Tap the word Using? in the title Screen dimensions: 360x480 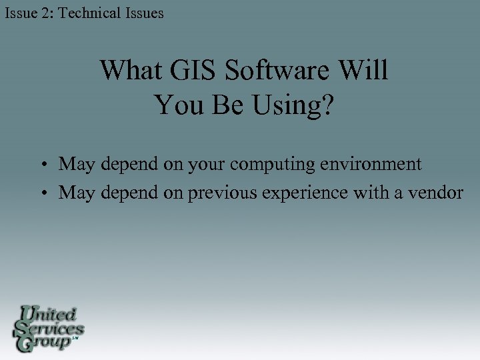click(x=293, y=105)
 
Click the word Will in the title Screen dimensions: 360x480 click(x=363, y=71)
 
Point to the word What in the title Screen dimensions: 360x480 click(x=127, y=71)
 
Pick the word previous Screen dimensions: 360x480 click(x=221, y=193)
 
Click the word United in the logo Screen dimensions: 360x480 click(x=49, y=313)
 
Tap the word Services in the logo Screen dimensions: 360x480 click(x=51, y=328)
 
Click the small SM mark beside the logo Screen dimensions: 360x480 click(x=75, y=339)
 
